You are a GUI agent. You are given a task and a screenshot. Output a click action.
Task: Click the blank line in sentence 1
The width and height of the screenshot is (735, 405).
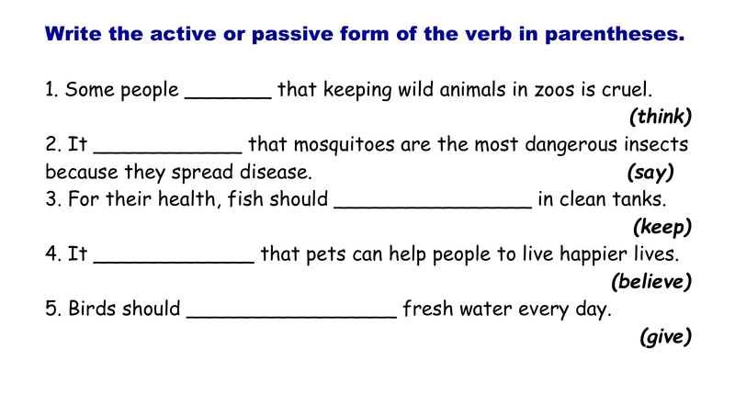pyautogui.click(x=228, y=98)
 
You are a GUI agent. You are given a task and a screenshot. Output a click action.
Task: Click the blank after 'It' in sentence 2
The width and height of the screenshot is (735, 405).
pyautogui.click(x=168, y=152)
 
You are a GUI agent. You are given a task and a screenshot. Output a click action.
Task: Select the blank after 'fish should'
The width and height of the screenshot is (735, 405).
pyautogui.click(x=433, y=208)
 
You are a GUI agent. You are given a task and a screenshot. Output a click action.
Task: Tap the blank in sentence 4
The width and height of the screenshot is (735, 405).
pyautogui.click(x=174, y=262)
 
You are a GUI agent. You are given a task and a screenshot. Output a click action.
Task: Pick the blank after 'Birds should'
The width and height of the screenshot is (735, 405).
pyautogui.click(x=291, y=318)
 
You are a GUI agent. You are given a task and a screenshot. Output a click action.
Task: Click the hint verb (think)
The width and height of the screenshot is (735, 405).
pyautogui.click(x=661, y=117)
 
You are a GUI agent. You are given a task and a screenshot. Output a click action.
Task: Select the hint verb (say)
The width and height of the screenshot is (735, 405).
pyautogui.click(x=650, y=173)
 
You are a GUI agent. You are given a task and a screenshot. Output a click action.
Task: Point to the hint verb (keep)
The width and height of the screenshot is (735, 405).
pyautogui.click(x=662, y=227)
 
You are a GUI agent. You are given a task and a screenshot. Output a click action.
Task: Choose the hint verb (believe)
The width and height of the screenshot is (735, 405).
pyautogui.click(x=651, y=281)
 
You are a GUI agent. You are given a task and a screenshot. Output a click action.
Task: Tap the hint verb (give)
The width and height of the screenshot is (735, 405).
pyautogui.click(x=665, y=336)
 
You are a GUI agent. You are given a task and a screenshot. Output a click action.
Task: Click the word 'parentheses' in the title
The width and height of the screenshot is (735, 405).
pyautogui.click(x=614, y=35)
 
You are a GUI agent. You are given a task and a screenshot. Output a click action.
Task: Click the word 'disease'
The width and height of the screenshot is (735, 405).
pyautogui.click(x=276, y=172)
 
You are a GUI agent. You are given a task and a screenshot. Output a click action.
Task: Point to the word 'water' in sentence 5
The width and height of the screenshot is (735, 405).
pyautogui.click(x=486, y=309)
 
